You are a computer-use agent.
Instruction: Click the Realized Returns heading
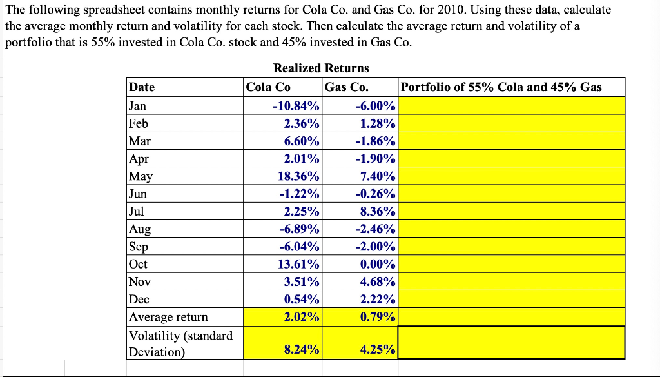pos(321,68)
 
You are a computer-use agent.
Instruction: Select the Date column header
pos(142,87)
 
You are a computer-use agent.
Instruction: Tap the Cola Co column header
pos(269,87)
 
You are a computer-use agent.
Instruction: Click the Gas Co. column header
pos(347,87)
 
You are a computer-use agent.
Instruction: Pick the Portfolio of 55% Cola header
pos(501,87)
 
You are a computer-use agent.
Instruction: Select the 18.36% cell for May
pos(296,176)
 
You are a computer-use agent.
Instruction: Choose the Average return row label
pos(169,317)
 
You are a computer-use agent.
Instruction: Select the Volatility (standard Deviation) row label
pos(181,343)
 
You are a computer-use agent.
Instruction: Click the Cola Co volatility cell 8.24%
pos(301,350)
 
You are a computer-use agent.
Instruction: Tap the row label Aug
pos(140,229)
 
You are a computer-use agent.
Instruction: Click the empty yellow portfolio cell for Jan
pos(512,106)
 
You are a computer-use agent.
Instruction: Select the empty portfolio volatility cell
pos(512,343)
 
